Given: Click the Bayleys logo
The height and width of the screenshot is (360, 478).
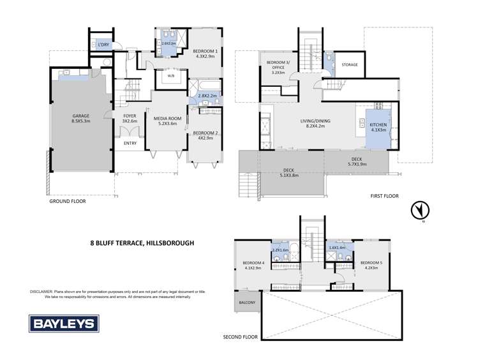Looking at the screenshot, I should point(63,323).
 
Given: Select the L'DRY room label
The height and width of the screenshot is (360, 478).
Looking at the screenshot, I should point(103,44).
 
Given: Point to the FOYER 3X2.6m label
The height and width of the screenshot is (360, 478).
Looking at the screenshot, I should point(130,118).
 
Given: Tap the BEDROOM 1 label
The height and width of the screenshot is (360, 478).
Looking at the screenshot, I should point(205,52).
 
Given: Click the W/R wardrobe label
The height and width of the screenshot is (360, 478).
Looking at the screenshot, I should point(171,76).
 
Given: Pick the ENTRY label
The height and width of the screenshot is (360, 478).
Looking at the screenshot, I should point(130,143).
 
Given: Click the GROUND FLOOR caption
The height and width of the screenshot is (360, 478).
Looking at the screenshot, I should point(68,200).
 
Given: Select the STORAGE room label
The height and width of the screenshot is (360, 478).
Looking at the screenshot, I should point(350,64).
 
